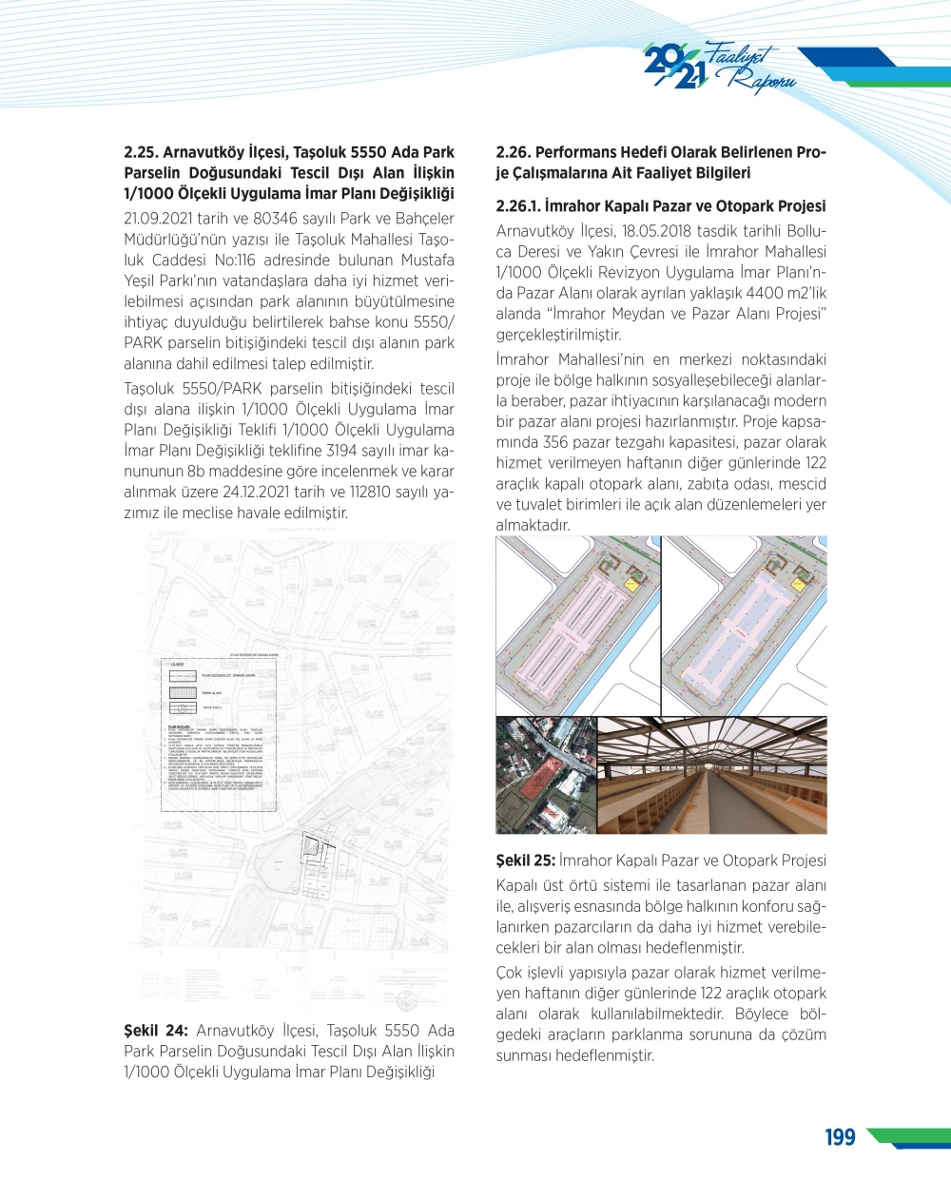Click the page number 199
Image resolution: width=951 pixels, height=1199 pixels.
pos(840,1137)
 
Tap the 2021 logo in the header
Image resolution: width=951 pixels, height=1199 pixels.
pos(674,67)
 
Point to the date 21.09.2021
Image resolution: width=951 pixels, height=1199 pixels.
pos(157,219)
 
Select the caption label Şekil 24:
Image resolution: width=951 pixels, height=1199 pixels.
pos(156,1031)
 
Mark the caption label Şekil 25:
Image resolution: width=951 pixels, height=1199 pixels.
pos(525,861)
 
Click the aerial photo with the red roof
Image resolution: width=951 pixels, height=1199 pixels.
pos(545,776)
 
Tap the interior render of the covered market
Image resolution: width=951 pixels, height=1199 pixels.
pos(711,776)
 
